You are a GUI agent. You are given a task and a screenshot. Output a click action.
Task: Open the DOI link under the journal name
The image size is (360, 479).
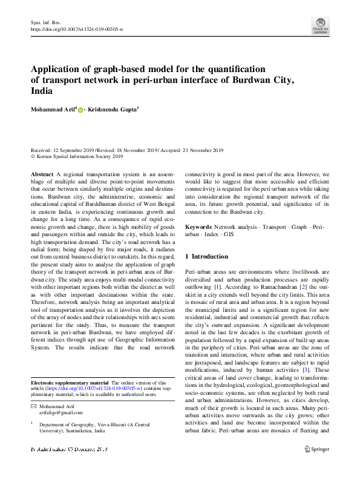[77, 28]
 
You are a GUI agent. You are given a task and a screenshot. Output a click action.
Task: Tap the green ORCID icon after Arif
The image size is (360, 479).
[80, 110]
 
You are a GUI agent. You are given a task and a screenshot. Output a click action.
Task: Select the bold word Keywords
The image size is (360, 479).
[198, 227]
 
